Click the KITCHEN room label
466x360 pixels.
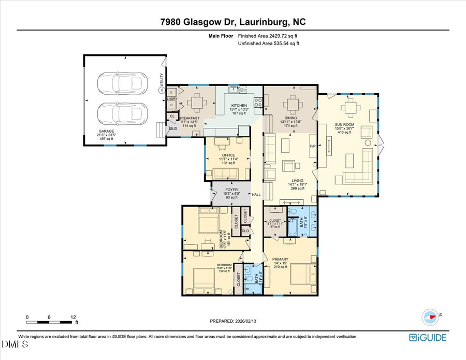coord(239,106)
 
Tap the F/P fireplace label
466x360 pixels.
coord(313,147)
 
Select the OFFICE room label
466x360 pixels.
coord(228,155)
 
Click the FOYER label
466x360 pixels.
coord(231,190)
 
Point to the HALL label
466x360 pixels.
coord(256,194)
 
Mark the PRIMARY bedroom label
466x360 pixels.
coord(280,259)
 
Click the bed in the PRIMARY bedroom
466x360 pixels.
coord(301,274)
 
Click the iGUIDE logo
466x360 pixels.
coord(428,338)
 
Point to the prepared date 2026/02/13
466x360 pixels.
coord(232,321)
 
